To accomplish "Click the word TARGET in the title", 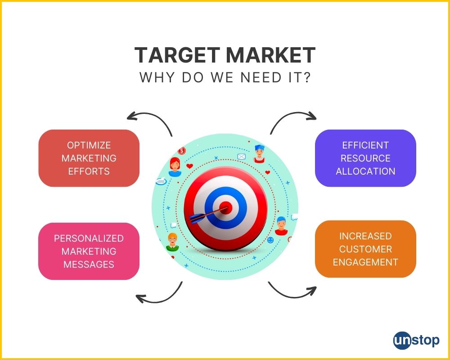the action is coord(177,55).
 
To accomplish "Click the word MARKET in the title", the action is coord(270,55).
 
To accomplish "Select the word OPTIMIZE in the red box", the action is coord(89,145).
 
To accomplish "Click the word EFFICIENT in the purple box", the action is coord(365,145).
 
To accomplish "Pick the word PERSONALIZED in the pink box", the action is coord(89,238).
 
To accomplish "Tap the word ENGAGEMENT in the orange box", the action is coord(365,262).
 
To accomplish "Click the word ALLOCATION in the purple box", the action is coord(365,171).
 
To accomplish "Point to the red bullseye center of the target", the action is coord(226,207).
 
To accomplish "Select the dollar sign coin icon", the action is coord(182,151).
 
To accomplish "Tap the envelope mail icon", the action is coord(242,157).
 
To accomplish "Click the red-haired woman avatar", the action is coord(175,167).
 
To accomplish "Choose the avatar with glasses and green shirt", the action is coord(172,242).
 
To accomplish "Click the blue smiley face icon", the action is coord(270,240).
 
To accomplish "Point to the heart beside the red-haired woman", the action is coord(189,166).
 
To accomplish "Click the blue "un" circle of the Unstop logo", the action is coord(402,341).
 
